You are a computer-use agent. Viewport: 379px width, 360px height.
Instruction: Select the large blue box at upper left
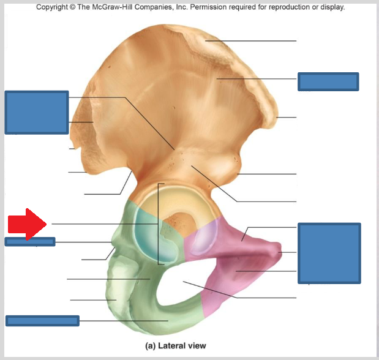[x=36, y=112]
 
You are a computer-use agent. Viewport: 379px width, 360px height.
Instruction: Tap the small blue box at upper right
[x=328, y=81]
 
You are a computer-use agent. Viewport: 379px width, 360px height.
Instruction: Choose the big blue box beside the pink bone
[x=329, y=253]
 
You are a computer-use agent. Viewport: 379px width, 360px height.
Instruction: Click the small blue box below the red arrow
[x=30, y=241]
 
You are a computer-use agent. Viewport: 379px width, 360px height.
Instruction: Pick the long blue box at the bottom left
[x=42, y=320]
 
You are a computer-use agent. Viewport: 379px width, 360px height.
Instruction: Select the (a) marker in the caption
[x=150, y=346]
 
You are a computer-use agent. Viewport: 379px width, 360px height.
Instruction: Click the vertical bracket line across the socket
[x=159, y=223]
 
